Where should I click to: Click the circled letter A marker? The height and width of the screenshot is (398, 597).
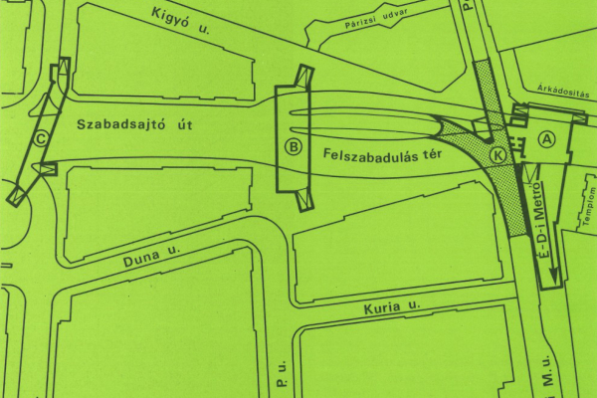tap(546, 140)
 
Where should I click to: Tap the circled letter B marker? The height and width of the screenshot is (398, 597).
tap(294, 147)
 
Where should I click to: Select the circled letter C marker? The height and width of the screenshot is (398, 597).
tap(41, 140)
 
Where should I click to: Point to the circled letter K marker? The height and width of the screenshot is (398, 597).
tap(497, 156)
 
